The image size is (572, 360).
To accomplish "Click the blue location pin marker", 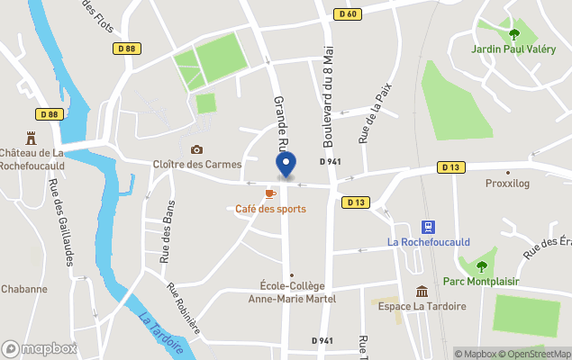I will click(x=286, y=165).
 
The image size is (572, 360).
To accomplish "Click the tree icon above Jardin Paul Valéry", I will click(x=514, y=34).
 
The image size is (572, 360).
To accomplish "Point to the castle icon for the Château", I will click(x=32, y=139).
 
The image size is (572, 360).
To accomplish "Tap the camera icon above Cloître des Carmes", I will click(x=196, y=149).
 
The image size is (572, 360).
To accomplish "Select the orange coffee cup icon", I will click(x=270, y=193).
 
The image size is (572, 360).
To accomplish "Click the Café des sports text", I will click(x=270, y=209).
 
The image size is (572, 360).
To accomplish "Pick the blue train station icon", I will click(x=429, y=227).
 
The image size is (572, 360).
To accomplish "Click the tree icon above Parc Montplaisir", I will click(x=481, y=265).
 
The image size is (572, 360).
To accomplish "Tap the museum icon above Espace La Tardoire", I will click(x=422, y=291).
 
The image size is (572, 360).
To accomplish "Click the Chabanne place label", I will click(x=24, y=289).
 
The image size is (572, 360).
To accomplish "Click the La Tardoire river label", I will click(x=163, y=332).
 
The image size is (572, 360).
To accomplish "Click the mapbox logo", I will click(x=40, y=348).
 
